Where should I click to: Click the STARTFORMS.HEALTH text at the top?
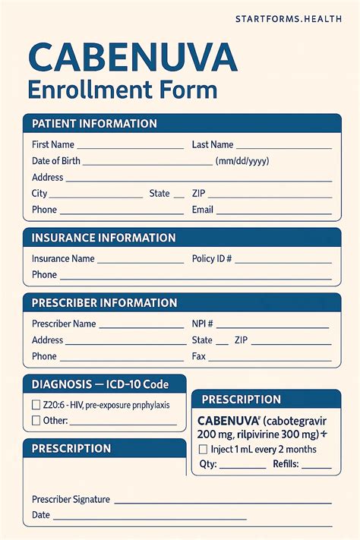289,18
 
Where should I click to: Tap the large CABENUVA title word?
132,58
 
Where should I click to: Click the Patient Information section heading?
94,124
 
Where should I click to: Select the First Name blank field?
130,145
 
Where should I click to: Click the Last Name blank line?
284,145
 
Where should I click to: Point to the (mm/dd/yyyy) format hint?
242,161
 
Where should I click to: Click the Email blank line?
274,210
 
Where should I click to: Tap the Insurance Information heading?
103,238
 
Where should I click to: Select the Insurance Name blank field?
141,259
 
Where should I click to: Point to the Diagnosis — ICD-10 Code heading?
99,384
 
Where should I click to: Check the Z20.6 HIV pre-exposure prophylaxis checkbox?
36,405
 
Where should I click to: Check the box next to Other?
36,421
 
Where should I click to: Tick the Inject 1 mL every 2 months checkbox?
203,450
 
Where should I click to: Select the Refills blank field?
317,466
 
